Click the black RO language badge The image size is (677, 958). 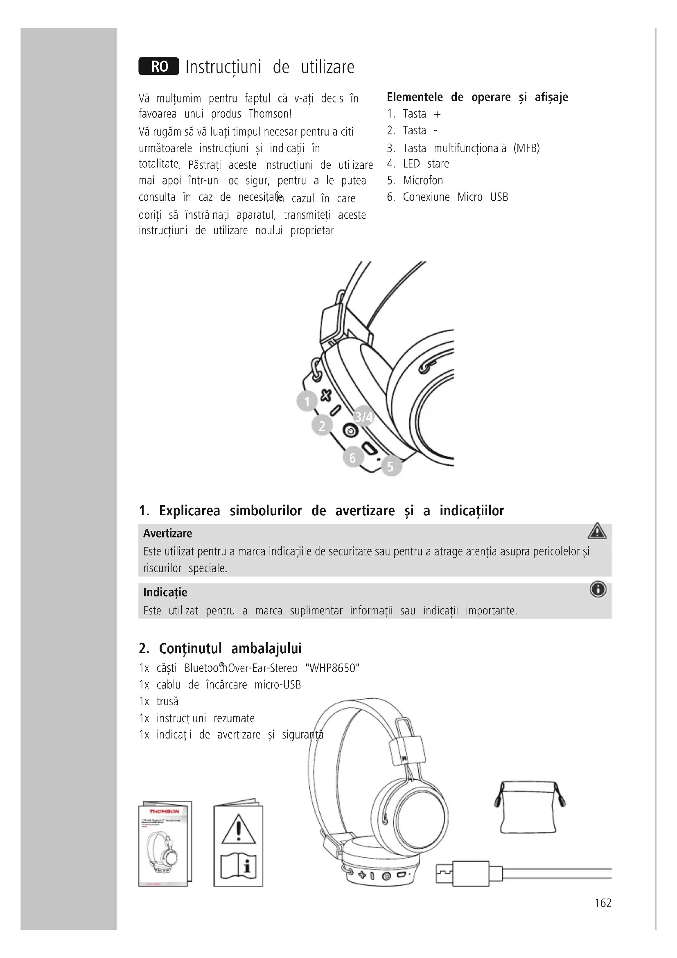pyautogui.click(x=159, y=66)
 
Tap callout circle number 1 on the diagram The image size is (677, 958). pyautogui.click(x=307, y=401)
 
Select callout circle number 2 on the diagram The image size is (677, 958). pyautogui.click(x=322, y=426)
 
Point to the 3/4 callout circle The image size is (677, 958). pyautogui.click(x=363, y=417)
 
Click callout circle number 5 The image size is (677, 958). pyautogui.click(x=390, y=466)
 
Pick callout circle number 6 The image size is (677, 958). pyautogui.click(x=353, y=457)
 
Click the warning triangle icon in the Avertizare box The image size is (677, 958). pyautogui.click(x=597, y=532)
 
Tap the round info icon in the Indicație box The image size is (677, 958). pyautogui.click(x=598, y=589)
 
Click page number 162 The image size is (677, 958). pyautogui.click(x=603, y=903)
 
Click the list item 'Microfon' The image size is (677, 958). pyautogui.click(x=423, y=180)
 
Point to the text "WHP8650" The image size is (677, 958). pyautogui.click(x=332, y=668)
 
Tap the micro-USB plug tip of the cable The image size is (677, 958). pyautogui.click(x=444, y=871)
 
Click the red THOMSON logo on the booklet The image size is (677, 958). pyautogui.click(x=164, y=811)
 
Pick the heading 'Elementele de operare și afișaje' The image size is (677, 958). pyautogui.click(x=477, y=97)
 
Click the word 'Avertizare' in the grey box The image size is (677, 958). pyautogui.click(x=167, y=533)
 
